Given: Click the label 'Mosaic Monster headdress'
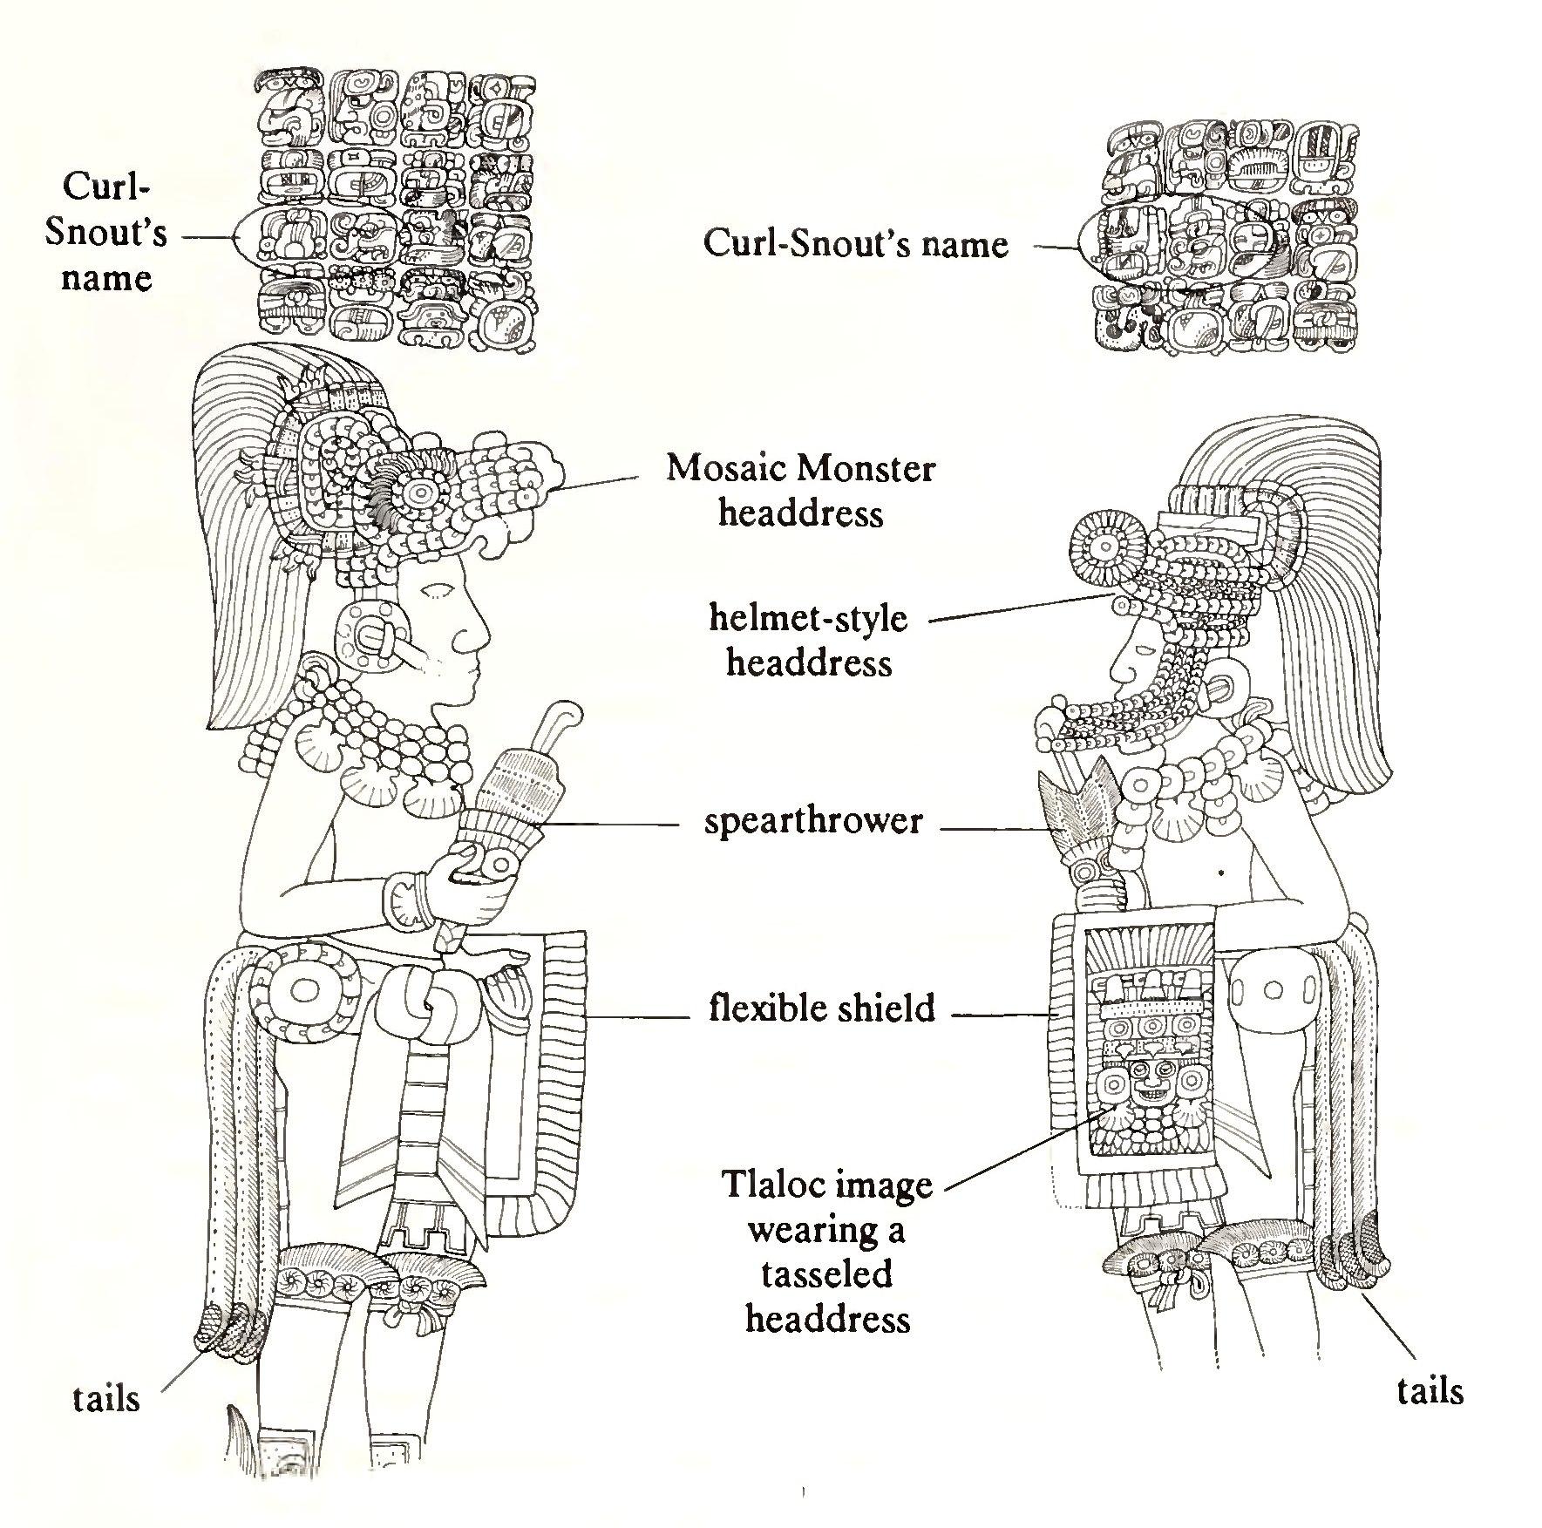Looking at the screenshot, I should (x=800, y=492).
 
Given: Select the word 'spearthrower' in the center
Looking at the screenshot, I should (x=812, y=821).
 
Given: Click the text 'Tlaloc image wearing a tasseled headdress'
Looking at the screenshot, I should (x=826, y=1253).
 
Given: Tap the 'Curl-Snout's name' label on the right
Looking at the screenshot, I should (x=855, y=243).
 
